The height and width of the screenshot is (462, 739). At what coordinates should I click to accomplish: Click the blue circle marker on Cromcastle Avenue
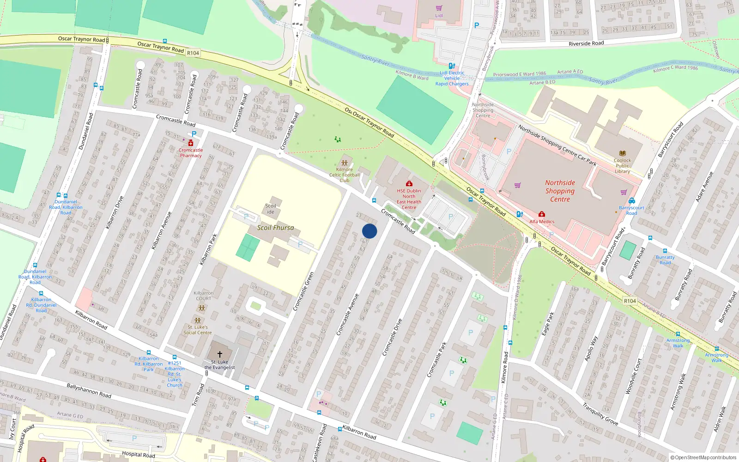tap(369, 231)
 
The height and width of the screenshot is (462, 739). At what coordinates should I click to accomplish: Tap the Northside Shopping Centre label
tap(560, 191)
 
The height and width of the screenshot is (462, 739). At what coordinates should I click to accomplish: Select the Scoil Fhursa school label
tap(275, 228)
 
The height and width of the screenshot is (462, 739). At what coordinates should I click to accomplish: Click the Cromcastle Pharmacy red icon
tap(191, 143)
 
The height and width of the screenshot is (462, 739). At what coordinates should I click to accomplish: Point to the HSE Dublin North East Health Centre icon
tap(409, 184)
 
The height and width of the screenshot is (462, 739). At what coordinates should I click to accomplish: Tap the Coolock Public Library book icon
tap(622, 153)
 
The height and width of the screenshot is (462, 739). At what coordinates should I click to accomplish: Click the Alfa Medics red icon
tap(542, 214)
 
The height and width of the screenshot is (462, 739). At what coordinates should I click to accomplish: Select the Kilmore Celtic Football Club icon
tap(344, 163)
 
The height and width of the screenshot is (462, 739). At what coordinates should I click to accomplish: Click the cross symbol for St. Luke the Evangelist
tap(220, 354)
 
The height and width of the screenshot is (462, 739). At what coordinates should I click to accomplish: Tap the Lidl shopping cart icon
tap(439, 8)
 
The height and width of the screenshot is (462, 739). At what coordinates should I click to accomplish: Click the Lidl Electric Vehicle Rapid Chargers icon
tap(452, 66)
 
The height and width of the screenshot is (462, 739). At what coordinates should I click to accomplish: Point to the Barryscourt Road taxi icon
tap(631, 201)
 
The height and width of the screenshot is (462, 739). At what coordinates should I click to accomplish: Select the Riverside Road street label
tap(586, 43)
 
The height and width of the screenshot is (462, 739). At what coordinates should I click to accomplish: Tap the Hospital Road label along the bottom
tap(138, 455)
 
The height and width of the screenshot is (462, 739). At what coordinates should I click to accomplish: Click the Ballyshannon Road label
tap(89, 391)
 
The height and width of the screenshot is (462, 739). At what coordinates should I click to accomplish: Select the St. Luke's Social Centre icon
tap(198, 320)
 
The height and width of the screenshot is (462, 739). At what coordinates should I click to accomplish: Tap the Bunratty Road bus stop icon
tap(665, 251)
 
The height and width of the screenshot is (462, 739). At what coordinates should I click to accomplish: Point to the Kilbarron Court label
tap(203, 296)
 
